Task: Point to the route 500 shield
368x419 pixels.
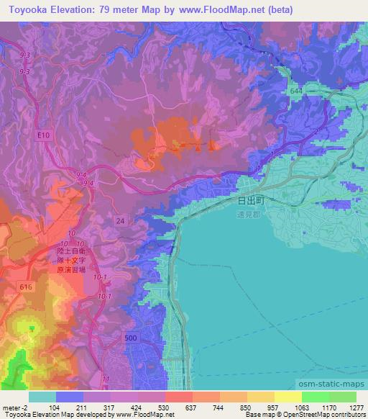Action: click(129, 337)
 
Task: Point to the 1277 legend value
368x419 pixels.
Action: click(355, 407)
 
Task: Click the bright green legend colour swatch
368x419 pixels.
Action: click(315, 396)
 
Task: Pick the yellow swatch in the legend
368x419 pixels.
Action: click(287, 396)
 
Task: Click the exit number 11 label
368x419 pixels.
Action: click(106, 377)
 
